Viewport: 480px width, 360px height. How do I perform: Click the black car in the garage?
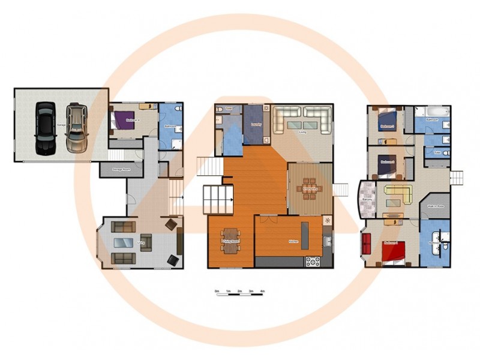coord(45,128)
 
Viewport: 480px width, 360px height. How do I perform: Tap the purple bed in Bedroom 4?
coord(122,120)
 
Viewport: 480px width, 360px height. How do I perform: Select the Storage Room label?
coord(122,170)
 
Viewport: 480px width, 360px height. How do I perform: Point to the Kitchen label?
coord(293,241)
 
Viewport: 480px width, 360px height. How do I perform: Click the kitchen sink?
coord(327,242)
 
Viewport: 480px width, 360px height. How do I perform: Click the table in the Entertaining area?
coord(311,187)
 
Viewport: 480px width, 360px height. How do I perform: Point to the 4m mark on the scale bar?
coord(263,292)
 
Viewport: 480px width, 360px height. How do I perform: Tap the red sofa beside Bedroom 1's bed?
coord(367,245)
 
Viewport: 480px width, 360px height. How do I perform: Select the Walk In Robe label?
coord(435,206)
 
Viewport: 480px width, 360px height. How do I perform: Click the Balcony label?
coord(367,199)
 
